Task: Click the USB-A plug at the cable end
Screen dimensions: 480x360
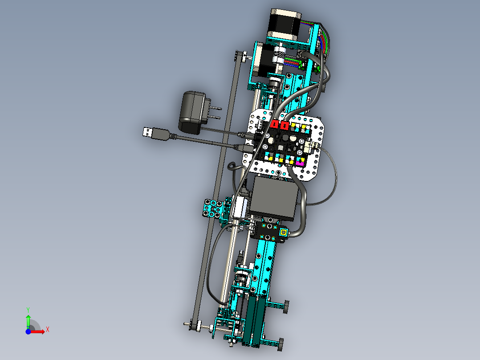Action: [x=148, y=132]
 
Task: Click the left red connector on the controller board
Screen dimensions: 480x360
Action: [x=275, y=124]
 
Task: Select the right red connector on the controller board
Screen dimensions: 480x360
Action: [x=285, y=125]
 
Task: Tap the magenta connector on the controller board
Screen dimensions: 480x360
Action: [x=299, y=162]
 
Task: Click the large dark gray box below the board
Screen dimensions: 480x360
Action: [x=273, y=199]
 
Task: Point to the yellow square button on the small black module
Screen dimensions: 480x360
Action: [x=284, y=233]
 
